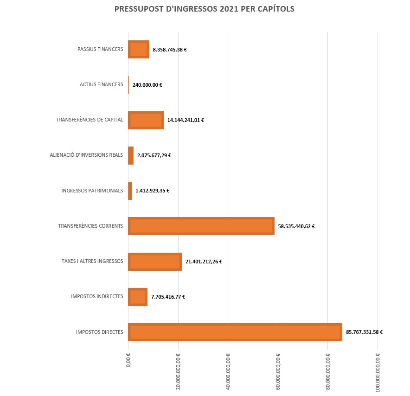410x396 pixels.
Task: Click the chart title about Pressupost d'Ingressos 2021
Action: point(204,9)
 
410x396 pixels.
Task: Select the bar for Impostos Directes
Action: point(235,332)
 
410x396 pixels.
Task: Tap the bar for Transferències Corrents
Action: point(201,226)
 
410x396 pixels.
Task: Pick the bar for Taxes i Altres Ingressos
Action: point(154,262)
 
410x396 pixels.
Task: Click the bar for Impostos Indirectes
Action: point(137,297)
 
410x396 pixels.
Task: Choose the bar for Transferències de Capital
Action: point(146,120)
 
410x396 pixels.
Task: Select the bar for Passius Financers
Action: point(138,49)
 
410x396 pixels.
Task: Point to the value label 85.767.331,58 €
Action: point(364,332)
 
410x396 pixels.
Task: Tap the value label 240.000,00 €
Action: point(147,85)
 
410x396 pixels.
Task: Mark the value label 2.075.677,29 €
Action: point(154,155)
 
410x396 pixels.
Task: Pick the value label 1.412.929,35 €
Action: point(152,191)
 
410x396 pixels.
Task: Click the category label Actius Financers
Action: point(101,84)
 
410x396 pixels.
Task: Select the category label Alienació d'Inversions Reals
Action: point(86,155)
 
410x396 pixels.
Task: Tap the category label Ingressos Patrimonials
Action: point(92,191)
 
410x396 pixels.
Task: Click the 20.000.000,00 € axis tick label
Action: point(179,370)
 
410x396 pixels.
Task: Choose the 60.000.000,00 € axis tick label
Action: point(278,370)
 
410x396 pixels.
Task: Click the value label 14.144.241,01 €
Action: point(186,120)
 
